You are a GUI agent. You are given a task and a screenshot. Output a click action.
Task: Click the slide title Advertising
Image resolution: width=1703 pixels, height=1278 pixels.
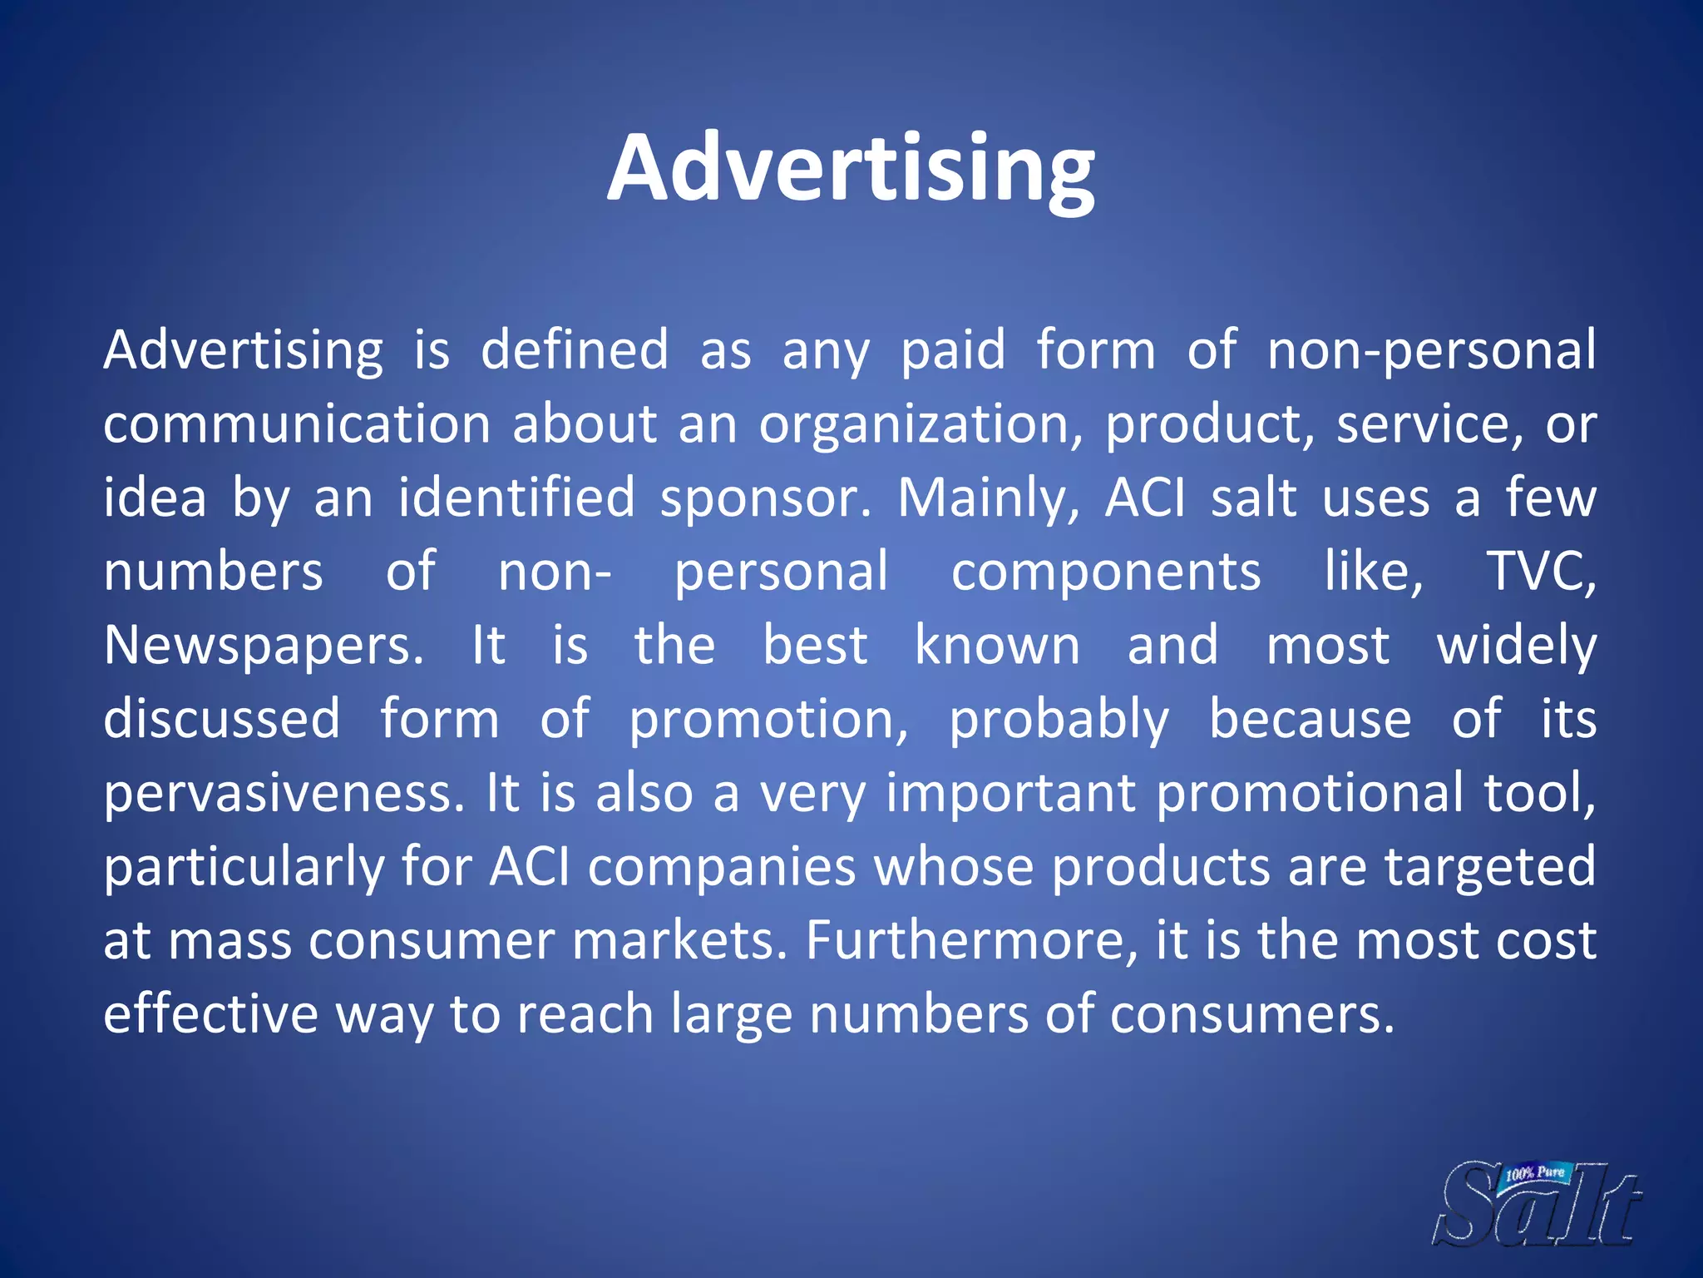click(x=851, y=169)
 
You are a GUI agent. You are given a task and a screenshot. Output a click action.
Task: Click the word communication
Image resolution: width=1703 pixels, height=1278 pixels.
click(x=298, y=424)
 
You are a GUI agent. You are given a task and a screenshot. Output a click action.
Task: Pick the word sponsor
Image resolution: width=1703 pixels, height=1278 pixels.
click(x=765, y=498)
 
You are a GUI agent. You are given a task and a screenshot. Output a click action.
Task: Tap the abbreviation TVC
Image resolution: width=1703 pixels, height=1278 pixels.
click(x=1540, y=572)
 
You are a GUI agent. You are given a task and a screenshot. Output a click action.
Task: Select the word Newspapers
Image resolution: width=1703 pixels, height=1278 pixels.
click(x=263, y=647)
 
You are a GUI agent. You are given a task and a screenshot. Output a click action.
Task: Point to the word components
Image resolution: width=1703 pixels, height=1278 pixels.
click(x=1106, y=572)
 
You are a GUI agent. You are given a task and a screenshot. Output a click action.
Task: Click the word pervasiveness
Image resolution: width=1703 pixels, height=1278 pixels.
click(x=284, y=793)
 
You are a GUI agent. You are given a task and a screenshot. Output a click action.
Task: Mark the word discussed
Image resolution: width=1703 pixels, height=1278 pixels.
click(x=222, y=719)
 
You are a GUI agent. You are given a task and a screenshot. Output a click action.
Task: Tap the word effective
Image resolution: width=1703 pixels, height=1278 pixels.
click(x=210, y=1014)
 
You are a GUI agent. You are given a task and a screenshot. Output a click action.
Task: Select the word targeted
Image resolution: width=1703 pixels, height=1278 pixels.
click(x=1490, y=868)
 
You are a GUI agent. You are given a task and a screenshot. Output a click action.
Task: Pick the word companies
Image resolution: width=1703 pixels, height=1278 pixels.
click(x=722, y=868)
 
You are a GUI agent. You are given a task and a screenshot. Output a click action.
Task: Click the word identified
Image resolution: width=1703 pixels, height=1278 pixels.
click(x=516, y=498)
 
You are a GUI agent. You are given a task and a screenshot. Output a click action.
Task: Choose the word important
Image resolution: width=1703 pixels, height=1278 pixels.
click(x=1010, y=793)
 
